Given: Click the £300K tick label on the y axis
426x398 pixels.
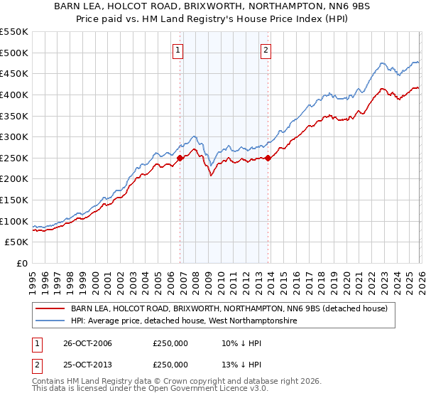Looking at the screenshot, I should pos(14,136).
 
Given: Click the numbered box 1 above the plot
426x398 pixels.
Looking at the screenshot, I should pos(177,50).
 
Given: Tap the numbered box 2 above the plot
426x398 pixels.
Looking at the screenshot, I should pos(265,50).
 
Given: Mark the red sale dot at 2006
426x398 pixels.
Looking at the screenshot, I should pos(180,158).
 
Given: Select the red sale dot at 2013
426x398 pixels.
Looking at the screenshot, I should pos(268,158).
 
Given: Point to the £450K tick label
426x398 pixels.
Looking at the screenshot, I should pos(14,73).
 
